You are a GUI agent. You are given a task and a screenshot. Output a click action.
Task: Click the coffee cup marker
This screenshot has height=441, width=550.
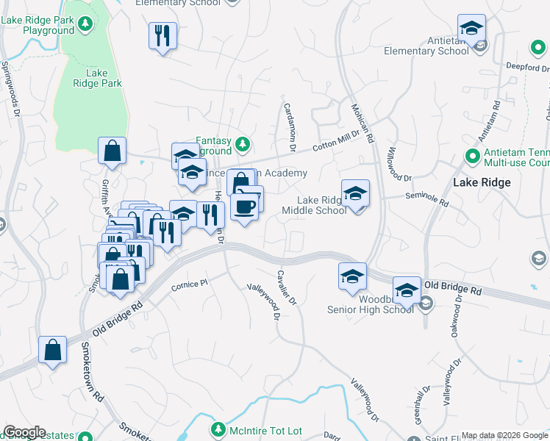pos(245,205)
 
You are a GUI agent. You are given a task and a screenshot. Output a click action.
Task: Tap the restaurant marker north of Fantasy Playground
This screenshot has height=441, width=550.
pos(162,36)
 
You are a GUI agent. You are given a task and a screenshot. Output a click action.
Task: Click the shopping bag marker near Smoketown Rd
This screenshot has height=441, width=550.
pos(53,351)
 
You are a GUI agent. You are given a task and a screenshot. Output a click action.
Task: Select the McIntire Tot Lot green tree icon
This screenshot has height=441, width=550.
pos(218,429)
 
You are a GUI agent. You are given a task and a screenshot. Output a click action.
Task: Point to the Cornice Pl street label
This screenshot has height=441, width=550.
pos(190,284)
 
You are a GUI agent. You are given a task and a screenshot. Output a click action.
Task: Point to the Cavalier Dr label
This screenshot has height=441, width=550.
pos(285,287)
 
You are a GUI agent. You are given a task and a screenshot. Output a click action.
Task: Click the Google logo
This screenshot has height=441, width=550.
pos(24,432)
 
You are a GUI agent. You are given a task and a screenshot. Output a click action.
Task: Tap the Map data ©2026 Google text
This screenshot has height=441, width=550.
pos(504,435)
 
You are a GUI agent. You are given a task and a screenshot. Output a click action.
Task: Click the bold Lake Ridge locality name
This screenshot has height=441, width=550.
pos(482,182)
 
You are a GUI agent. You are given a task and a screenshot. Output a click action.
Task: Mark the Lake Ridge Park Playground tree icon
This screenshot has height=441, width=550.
pos(86,24)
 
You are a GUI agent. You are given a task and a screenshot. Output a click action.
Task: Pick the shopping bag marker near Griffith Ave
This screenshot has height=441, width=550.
pos(112,151)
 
